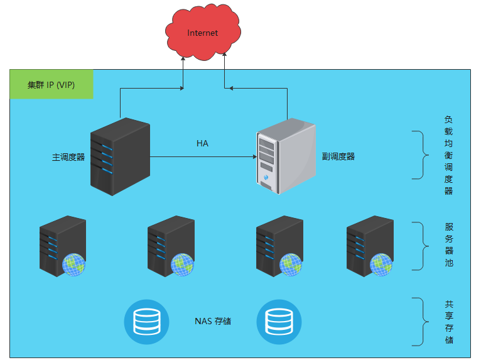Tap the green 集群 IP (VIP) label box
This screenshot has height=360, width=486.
(x=51, y=85)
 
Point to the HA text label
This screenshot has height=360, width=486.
(x=202, y=144)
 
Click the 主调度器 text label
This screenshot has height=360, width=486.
(x=68, y=157)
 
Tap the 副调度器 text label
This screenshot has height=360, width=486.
(x=338, y=156)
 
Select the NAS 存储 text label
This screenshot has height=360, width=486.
(x=213, y=322)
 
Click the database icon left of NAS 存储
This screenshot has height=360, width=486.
(x=146, y=322)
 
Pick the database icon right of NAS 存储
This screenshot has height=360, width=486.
(x=279, y=322)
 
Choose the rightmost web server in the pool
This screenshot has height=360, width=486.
(x=370, y=246)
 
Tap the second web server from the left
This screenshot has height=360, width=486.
(x=171, y=246)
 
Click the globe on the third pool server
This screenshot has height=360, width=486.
(x=291, y=265)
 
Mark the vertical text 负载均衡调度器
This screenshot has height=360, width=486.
(x=448, y=155)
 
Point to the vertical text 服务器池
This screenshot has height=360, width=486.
(x=448, y=245)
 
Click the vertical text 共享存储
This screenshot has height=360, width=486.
(x=448, y=322)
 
